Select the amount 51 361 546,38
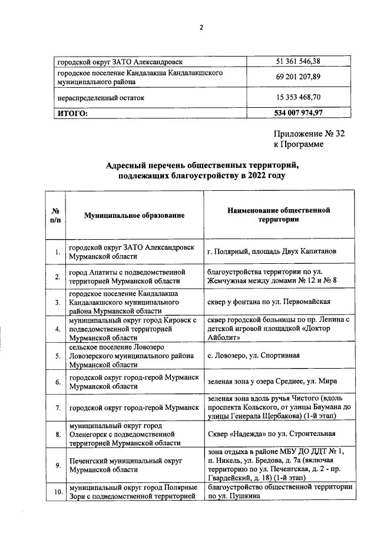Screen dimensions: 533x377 click(299, 61)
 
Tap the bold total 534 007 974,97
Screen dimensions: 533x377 click(299, 112)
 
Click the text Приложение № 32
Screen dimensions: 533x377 click(309, 134)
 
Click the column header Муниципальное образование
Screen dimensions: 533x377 click(134, 216)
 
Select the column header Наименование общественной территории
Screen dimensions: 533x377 click(279, 215)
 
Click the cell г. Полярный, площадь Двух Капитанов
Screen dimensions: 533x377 click(272, 251)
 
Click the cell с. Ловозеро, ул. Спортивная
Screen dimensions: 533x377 click(254, 356)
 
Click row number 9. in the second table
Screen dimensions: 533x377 click(58, 465)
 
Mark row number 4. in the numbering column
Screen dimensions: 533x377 click(58, 329)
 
